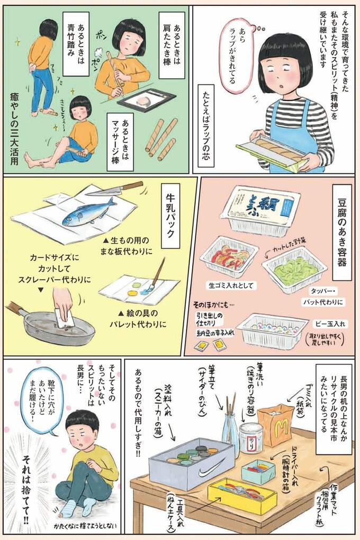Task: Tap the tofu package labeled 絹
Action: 259,210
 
